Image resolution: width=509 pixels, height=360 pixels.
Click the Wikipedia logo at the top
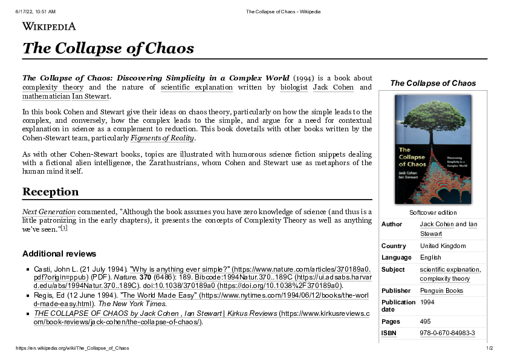click(49, 26)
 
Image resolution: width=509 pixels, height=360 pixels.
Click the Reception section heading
click(50, 192)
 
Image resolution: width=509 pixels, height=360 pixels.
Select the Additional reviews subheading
click(59, 254)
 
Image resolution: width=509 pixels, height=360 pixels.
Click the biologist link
click(294, 87)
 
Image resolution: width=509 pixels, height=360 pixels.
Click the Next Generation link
click(49, 212)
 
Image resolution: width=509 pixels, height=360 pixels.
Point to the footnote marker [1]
click(64, 228)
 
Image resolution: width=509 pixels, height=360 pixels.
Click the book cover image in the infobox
click(433, 149)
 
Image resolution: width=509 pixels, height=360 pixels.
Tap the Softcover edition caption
click(433, 212)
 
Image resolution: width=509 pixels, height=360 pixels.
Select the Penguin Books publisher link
click(441, 290)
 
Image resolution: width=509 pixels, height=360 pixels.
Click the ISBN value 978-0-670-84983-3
click(447, 333)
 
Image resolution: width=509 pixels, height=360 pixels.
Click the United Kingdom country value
click(443, 246)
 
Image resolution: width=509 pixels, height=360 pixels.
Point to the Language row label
click(397, 257)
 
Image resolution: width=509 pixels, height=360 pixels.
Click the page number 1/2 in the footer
click(489, 348)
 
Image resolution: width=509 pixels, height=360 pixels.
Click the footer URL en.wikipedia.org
click(73, 348)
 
